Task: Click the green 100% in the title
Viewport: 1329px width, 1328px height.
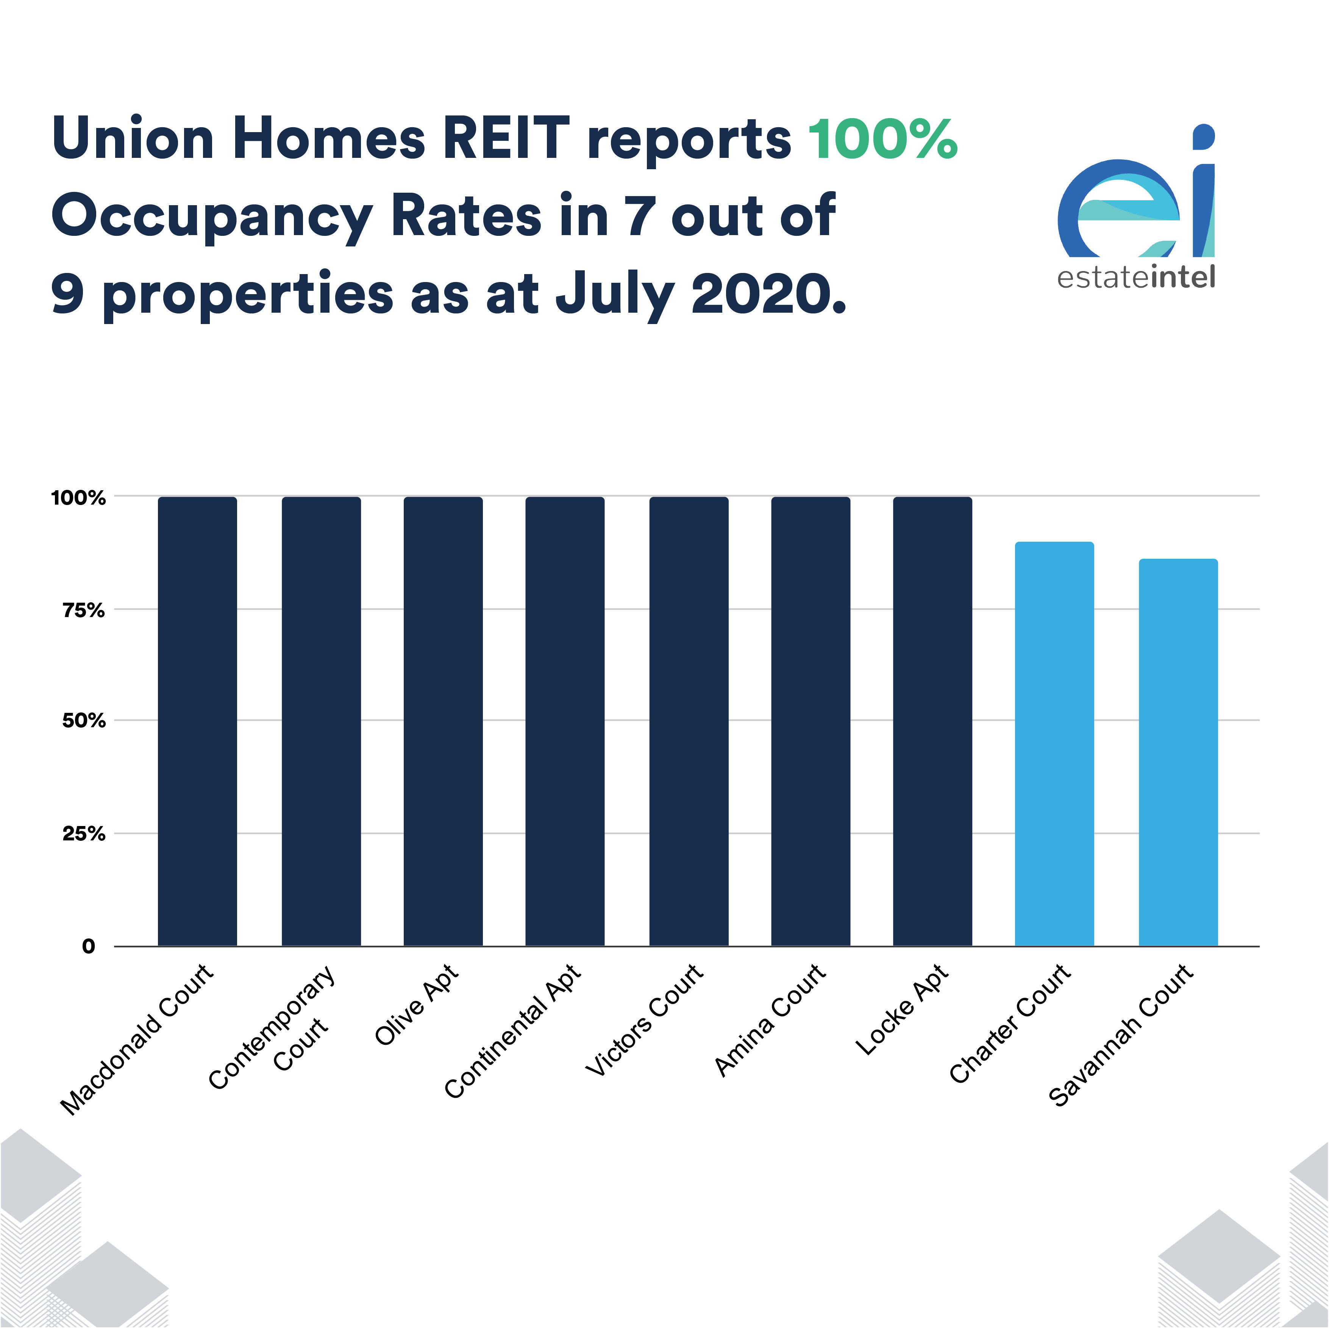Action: click(882, 140)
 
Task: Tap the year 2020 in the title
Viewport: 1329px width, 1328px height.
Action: click(767, 295)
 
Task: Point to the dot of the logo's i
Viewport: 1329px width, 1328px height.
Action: click(1203, 136)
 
